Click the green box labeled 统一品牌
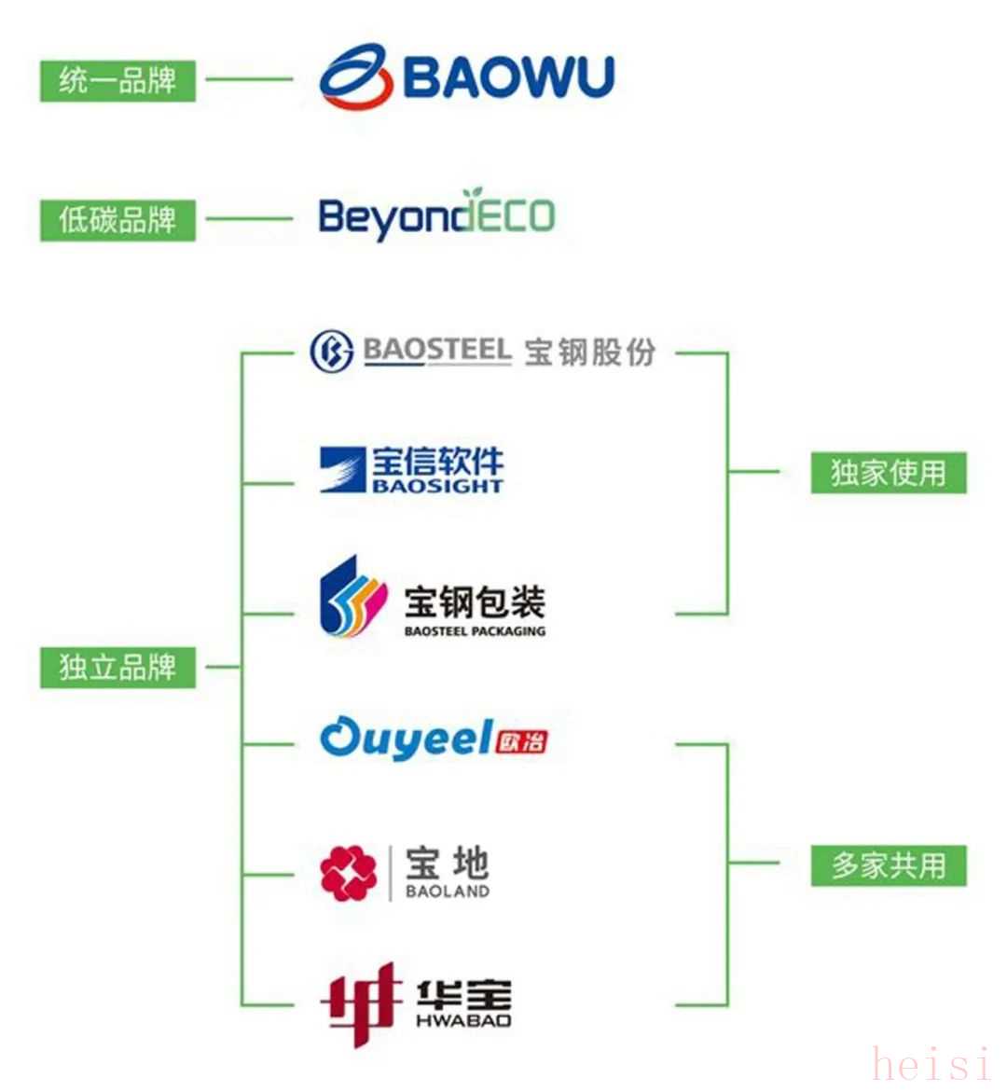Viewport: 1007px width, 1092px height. pyautogui.click(x=117, y=80)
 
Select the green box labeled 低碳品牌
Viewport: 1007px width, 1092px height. pyautogui.click(x=117, y=220)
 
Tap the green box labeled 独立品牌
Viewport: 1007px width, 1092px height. pyautogui.click(x=117, y=667)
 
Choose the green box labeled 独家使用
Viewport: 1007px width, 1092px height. pyautogui.click(x=888, y=473)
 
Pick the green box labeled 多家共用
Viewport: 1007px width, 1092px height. pyautogui.click(x=888, y=865)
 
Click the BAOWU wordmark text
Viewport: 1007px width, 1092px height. pyautogui.click(x=509, y=76)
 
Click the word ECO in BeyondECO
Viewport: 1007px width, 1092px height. pyautogui.click(x=517, y=216)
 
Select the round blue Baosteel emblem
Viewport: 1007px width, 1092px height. pyautogui.click(x=331, y=352)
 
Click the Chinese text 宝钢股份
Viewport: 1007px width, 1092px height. pyautogui.click(x=589, y=352)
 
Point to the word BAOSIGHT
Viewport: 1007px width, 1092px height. pyautogui.click(x=437, y=486)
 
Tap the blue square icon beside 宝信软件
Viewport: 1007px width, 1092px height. pyautogui.click(x=342, y=469)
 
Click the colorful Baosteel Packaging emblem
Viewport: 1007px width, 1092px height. pyautogui.click(x=352, y=597)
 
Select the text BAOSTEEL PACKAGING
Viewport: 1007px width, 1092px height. pyautogui.click(x=475, y=631)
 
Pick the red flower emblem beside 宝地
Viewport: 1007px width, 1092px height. pyautogui.click(x=348, y=874)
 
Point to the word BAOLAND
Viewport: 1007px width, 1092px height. pyautogui.click(x=448, y=892)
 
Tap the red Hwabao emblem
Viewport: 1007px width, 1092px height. pyautogui.click(x=361, y=1002)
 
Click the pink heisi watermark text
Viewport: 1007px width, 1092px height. pyautogui.click(x=932, y=1064)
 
